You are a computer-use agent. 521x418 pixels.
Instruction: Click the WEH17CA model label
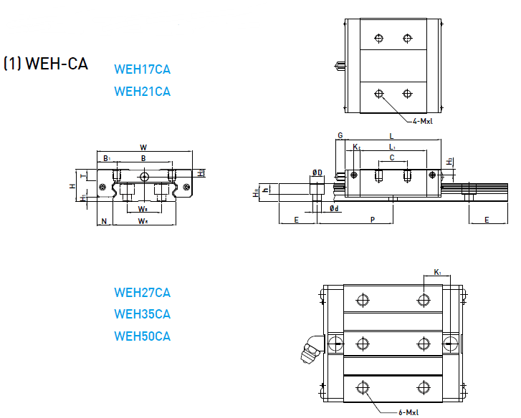pyautogui.click(x=142, y=70)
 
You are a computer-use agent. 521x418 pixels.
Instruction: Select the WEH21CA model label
pyautogui.click(x=142, y=92)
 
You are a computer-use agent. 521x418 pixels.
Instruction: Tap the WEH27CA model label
pyautogui.click(x=142, y=293)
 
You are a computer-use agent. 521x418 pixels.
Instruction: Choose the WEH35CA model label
pyautogui.click(x=142, y=314)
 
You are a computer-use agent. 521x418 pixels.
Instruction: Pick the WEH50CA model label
pyautogui.click(x=142, y=336)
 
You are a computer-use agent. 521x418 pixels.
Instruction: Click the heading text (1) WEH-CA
pyautogui.click(x=46, y=64)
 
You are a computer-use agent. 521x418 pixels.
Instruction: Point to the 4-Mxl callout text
pyautogui.click(x=422, y=122)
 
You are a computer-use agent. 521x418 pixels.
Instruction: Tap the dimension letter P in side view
pyautogui.click(x=372, y=220)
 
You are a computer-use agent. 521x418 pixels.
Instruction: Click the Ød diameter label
pyautogui.click(x=334, y=208)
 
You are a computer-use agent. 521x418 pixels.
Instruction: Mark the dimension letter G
pyautogui.click(x=340, y=135)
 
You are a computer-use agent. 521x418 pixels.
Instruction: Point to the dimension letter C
pyautogui.click(x=391, y=157)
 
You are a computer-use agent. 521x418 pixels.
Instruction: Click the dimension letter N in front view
pyautogui.click(x=104, y=222)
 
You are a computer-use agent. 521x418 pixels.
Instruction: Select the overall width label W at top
pyautogui.click(x=144, y=147)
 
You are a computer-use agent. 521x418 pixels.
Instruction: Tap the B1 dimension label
pyautogui.click(x=106, y=157)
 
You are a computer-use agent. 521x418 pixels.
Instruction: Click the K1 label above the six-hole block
pyautogui.click(x=438, y=272)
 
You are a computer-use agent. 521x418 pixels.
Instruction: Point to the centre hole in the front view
pyautogui.click(x=145, y=176)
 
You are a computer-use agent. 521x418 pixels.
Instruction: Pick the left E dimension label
pyautogui.click(x=296, y=220)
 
